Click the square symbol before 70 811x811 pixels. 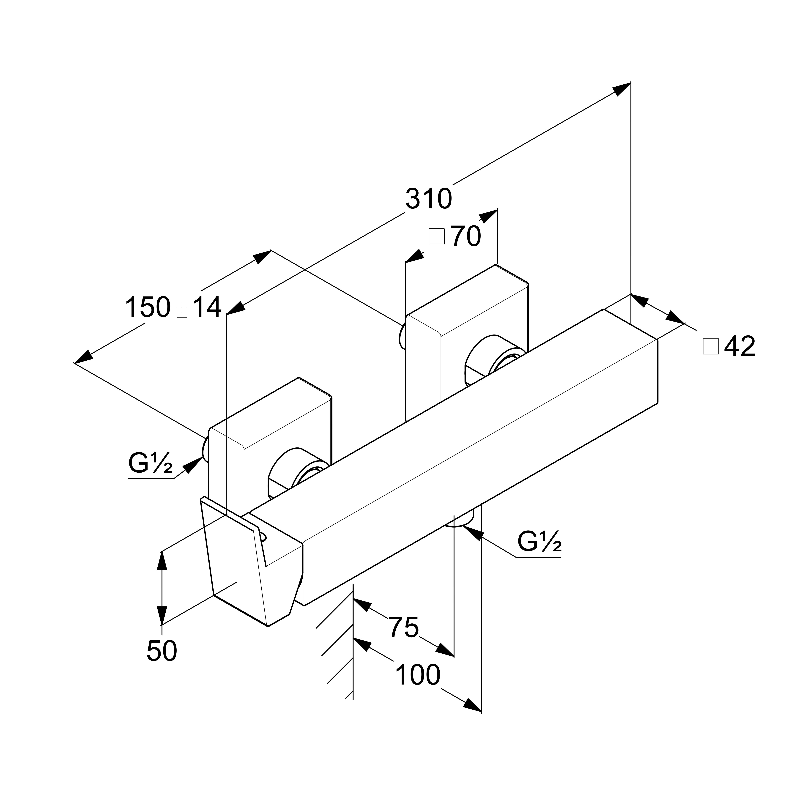[437, 236]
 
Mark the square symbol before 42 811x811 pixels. [711, 347]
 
